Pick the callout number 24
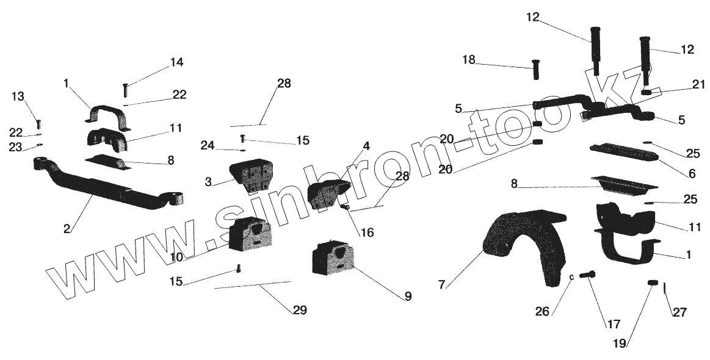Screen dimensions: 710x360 (x=208, y=145)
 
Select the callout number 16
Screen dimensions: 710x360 (x=367, y=232)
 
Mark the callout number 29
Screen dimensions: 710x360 (x=299, y=311)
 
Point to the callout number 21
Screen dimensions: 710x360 (x=698, y=85)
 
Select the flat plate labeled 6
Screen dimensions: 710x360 (x=623, y=152)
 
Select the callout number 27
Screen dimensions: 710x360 (x=679, y=312)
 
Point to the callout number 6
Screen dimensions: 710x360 (x=691, y=174)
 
